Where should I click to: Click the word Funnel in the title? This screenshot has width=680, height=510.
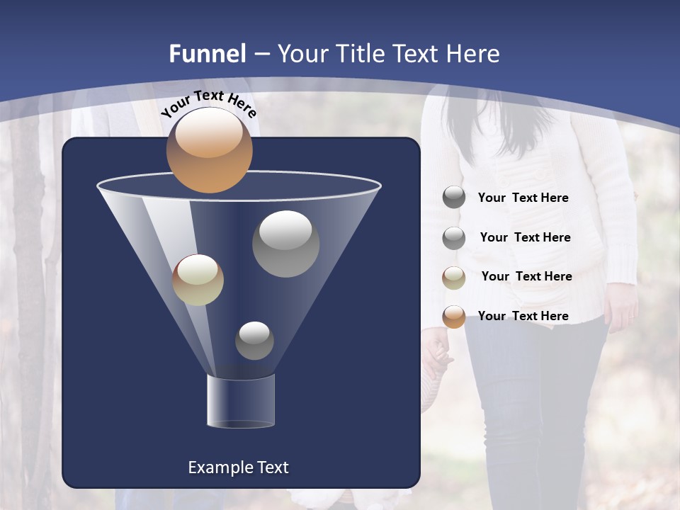click(x=207, y=54)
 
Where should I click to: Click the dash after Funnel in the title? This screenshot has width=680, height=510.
click(x=261, y=55)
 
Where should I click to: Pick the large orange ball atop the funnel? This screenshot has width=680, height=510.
click(x=209, y=151)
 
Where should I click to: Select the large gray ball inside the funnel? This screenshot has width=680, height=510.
click(x=285, y=243)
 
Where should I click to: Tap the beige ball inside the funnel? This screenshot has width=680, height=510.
click(x=198, y=280)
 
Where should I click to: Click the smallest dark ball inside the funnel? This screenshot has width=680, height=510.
click(x=254, y=341)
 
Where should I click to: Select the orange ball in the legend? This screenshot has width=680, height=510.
click(x=454, y=317)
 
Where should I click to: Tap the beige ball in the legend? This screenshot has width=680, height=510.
click(x=454, y=278)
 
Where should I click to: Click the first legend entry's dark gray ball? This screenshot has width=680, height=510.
click(x=454, y=198)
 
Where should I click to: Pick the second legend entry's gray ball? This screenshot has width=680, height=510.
click(x=454, y=238)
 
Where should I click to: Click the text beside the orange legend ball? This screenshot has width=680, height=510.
click(x=523, y=316)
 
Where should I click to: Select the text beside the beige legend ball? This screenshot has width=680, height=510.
click(x=526, y=276)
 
